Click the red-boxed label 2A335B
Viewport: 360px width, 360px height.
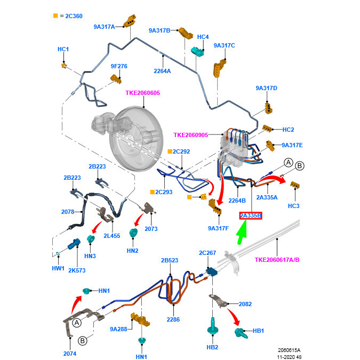tap(251, 215)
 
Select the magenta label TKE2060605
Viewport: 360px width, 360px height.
tap(142, 93)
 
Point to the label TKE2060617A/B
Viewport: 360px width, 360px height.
tap(278, 260)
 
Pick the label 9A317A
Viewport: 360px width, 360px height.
tap(105, 26)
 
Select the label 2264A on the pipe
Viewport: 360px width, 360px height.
tap(162, 71)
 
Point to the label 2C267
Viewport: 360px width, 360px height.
tap(207, 253)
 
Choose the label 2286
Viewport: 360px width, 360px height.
tap(173, 319)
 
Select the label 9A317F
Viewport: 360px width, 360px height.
tap(218, 229)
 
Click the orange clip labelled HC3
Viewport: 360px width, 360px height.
tap(294, 186)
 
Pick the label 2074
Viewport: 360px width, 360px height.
tap(70, 353)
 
